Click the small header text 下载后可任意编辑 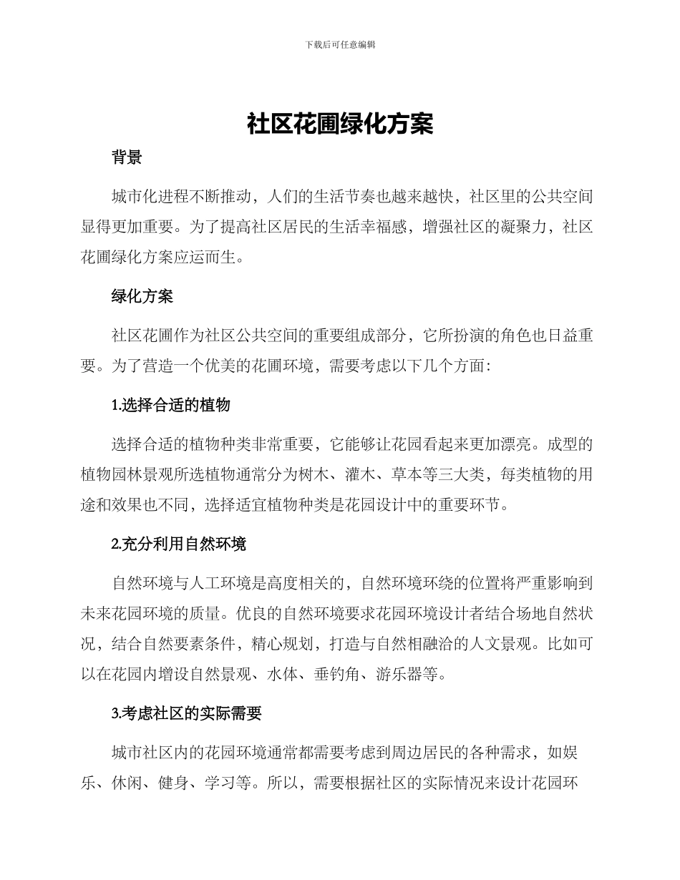(x=340, y=44)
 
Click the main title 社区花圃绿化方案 (x=340, y=124)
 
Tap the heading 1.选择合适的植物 (x=171, y=405)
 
